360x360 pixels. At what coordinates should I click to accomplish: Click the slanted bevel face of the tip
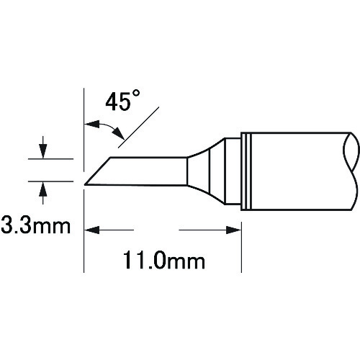point(98,171)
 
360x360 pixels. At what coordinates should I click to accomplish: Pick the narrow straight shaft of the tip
point(148,171)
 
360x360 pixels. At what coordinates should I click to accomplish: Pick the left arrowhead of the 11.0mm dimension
point(91,230)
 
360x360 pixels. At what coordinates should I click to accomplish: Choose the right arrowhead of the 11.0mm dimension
point(234,230)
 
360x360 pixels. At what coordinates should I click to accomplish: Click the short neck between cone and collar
point(230,170)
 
